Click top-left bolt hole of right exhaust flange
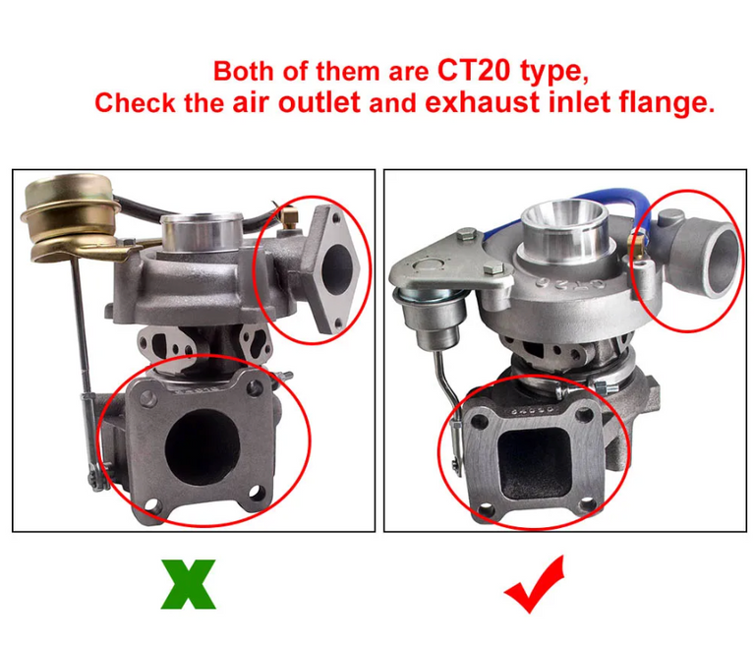point(480,419)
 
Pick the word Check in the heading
point(137,103)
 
